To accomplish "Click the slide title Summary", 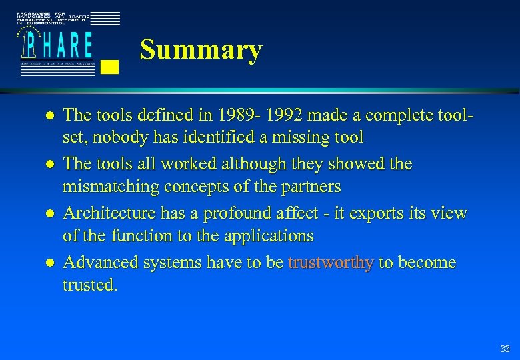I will coord(201,51).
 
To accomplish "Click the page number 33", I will coord(505,349).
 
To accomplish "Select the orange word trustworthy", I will coord(330,263).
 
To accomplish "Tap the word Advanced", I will coord(98,263).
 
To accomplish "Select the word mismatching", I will coord(107,186).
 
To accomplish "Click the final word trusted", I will coord(89,285).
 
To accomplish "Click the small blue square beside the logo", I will coord(112,66).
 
